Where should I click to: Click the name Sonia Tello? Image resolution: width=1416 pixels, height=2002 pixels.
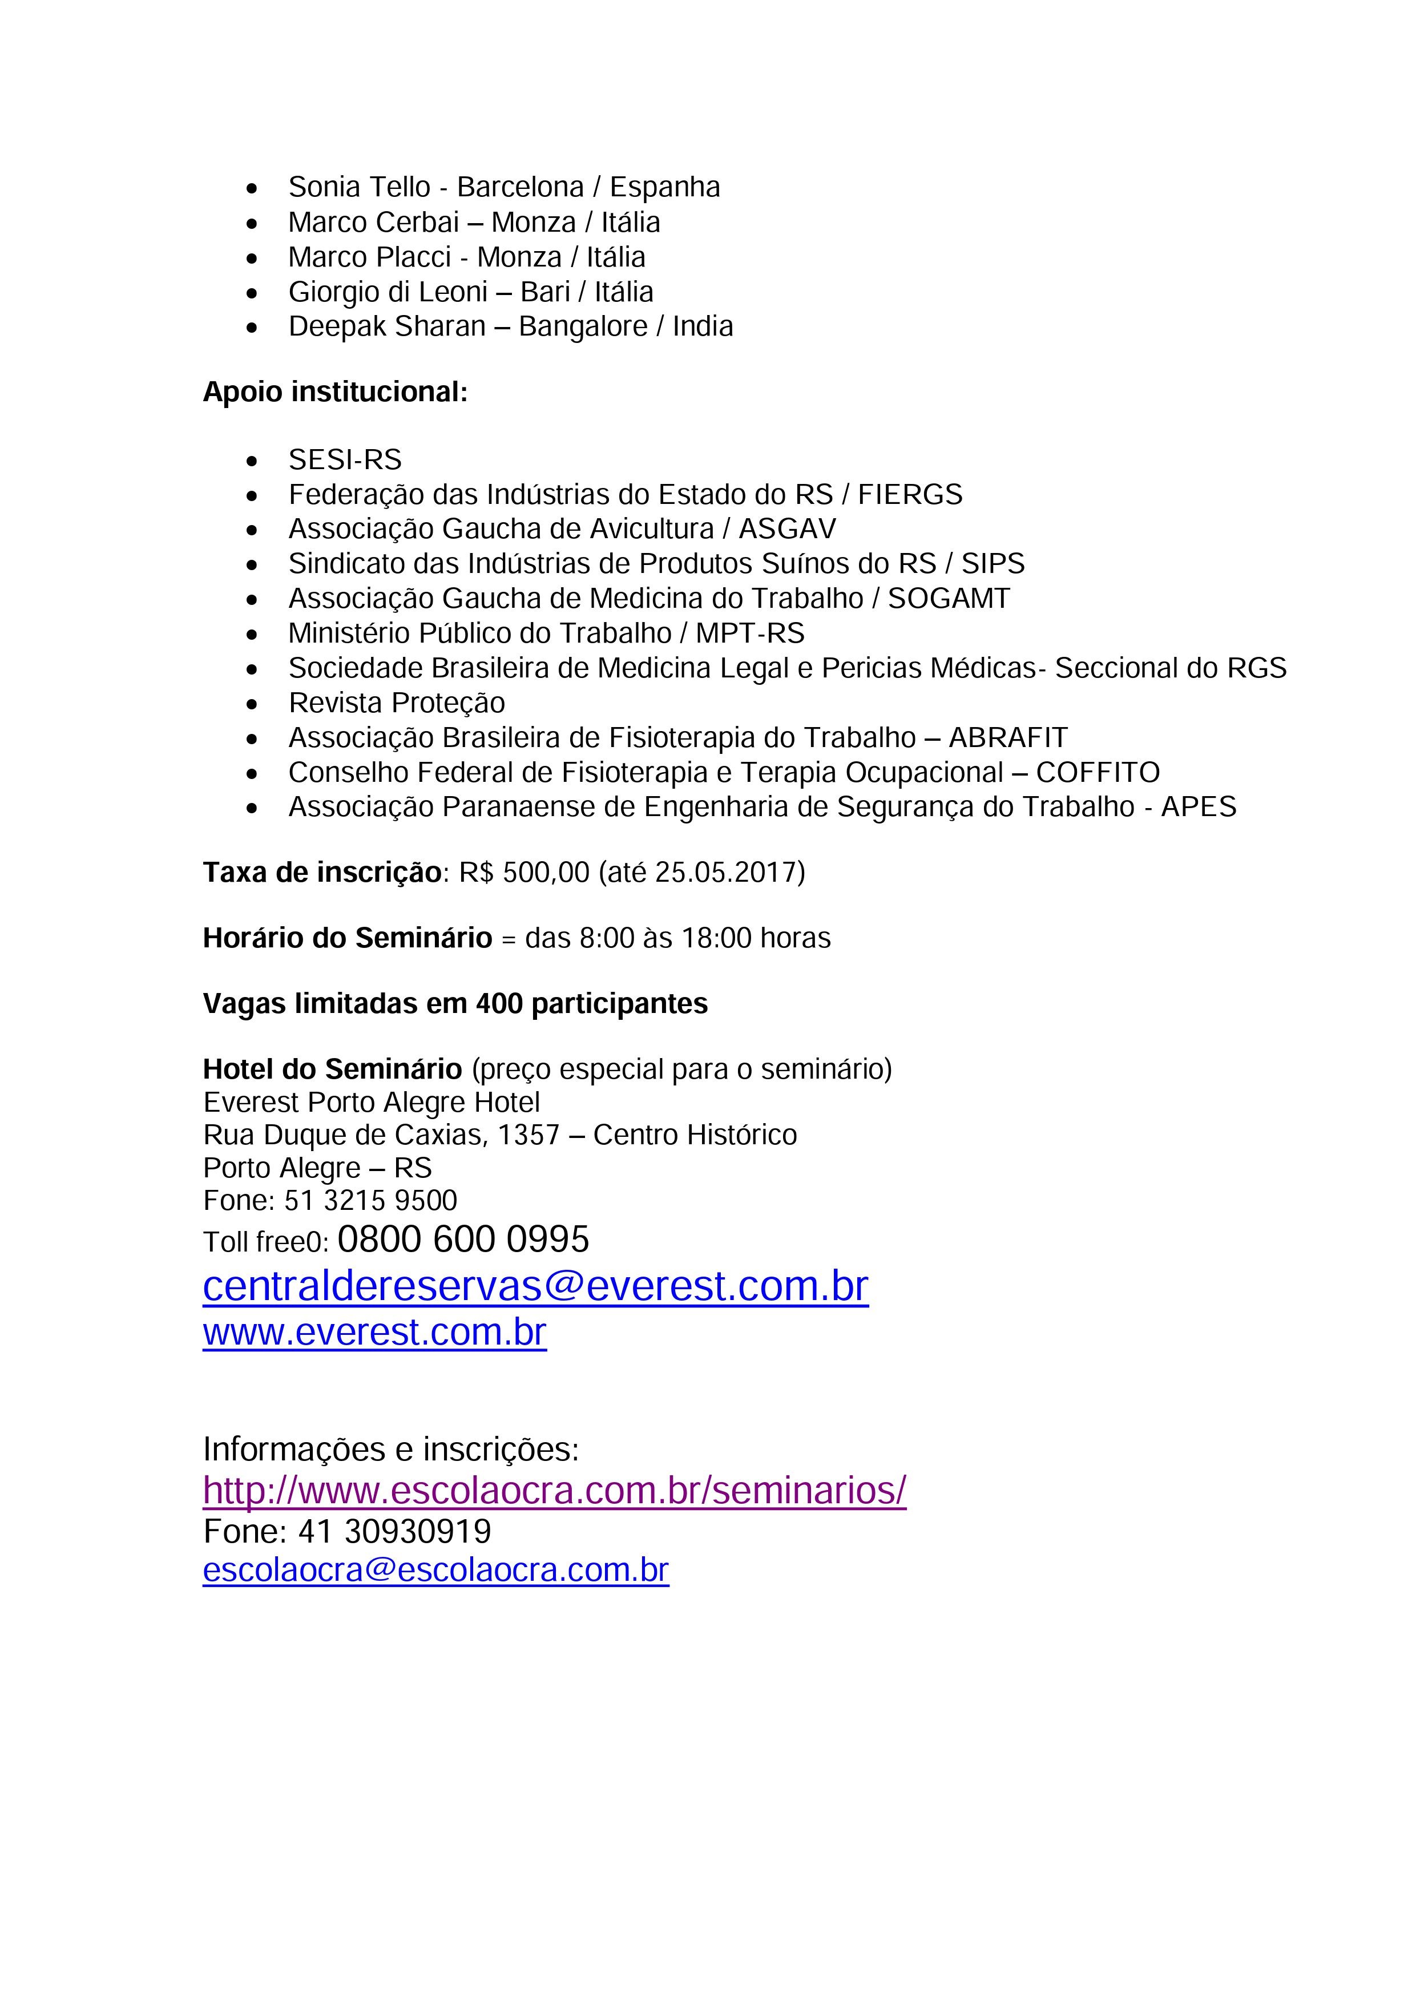[359, 187]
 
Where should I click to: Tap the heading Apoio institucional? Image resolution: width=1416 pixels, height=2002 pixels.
[335, 393]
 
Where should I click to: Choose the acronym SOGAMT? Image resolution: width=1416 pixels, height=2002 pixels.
[949, 599]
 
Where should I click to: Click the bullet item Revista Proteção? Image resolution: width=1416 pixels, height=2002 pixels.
[397, 703]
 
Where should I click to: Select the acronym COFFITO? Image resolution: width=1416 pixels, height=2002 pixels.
[1098, 773]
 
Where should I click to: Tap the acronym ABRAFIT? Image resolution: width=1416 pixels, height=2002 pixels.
[1008, 738]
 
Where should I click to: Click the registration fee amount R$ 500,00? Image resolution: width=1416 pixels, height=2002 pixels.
[524, 873]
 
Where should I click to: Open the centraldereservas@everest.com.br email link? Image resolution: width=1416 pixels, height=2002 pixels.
[535, 1287]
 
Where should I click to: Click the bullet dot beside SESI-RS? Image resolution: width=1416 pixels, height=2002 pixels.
[252, 461]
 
